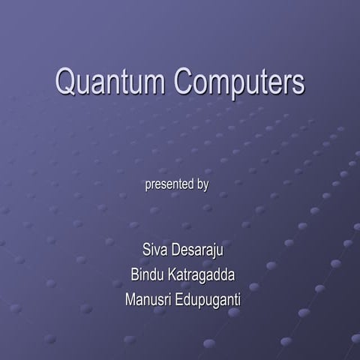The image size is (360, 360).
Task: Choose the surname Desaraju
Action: (x=198, y=250)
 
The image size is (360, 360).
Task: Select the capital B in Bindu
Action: (x=135, y=275)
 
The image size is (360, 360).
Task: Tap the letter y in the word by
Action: (x=205, y=186)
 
